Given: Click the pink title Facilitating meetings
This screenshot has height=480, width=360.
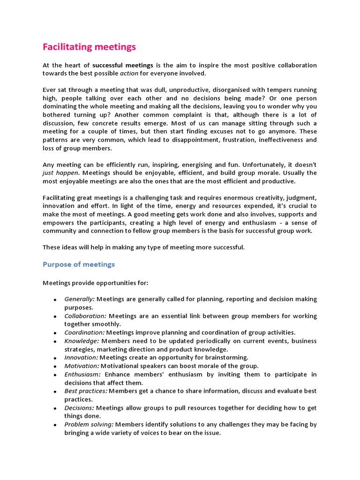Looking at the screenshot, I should [x=89, y=47].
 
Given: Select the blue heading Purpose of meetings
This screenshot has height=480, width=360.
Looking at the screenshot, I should [x=79, y=264].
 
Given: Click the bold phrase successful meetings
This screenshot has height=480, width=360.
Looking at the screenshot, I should [x=120, y=65].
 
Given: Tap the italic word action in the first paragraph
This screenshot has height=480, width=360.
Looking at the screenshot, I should [x=129, y=74].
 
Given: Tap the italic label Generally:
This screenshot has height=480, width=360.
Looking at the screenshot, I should [x=80, y=299].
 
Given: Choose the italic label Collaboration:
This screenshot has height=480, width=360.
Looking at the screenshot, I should [x=85, y=316].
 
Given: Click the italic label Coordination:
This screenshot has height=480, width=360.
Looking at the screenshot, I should [x=84, y=332].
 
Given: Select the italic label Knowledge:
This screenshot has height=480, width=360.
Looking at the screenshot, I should [x=82, y=341].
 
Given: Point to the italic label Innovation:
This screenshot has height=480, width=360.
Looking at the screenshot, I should [x=81, y=357].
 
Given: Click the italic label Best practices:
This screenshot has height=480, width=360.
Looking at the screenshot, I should [x=86, y=391].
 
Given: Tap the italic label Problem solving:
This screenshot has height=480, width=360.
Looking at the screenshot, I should [x=89, y=425].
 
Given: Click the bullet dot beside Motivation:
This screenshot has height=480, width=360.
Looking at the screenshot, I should [x=55, y=367].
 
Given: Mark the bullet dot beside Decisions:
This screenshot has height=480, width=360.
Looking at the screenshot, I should [x=55, y=409].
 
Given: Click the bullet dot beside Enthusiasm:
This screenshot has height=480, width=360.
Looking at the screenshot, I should [x=55, y=375].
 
